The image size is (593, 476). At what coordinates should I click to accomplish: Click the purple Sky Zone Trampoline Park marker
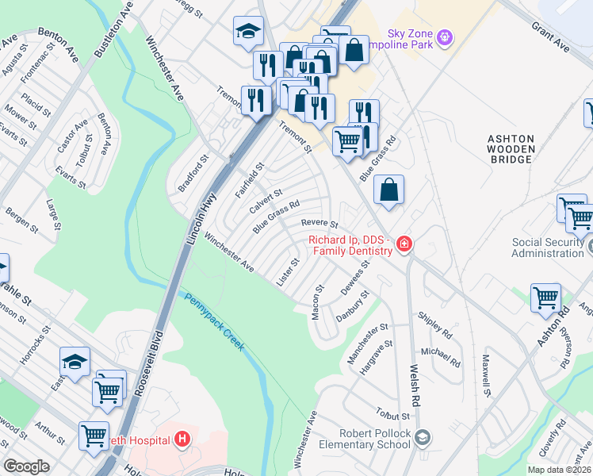click(x=445, y=36)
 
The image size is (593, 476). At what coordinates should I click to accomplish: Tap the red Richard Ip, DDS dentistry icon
click(x=404, y=244)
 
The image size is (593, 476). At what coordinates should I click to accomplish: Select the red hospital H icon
click(x=182, y=438)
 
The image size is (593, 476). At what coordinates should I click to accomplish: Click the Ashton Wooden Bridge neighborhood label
click(x=511, y=149)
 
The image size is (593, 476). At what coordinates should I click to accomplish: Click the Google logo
click(x=27, y=466)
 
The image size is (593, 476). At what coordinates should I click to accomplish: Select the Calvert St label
click(x=266, y=201)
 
